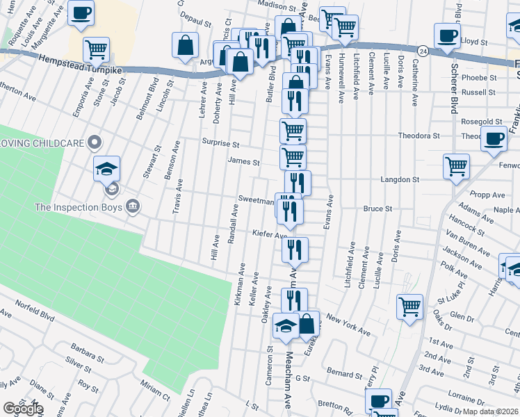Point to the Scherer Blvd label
(x=454, y=91)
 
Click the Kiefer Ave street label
(x=270, y=235)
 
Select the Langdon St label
(x=400, y=179)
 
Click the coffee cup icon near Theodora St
(x=494, y=139)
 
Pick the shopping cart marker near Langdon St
(x=457, y=166)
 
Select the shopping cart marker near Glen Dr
(x=409, y=305)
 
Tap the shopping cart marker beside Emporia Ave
(x=96, y=49)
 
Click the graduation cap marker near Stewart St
(x=107, y=168)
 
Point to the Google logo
(x=23, y=409)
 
